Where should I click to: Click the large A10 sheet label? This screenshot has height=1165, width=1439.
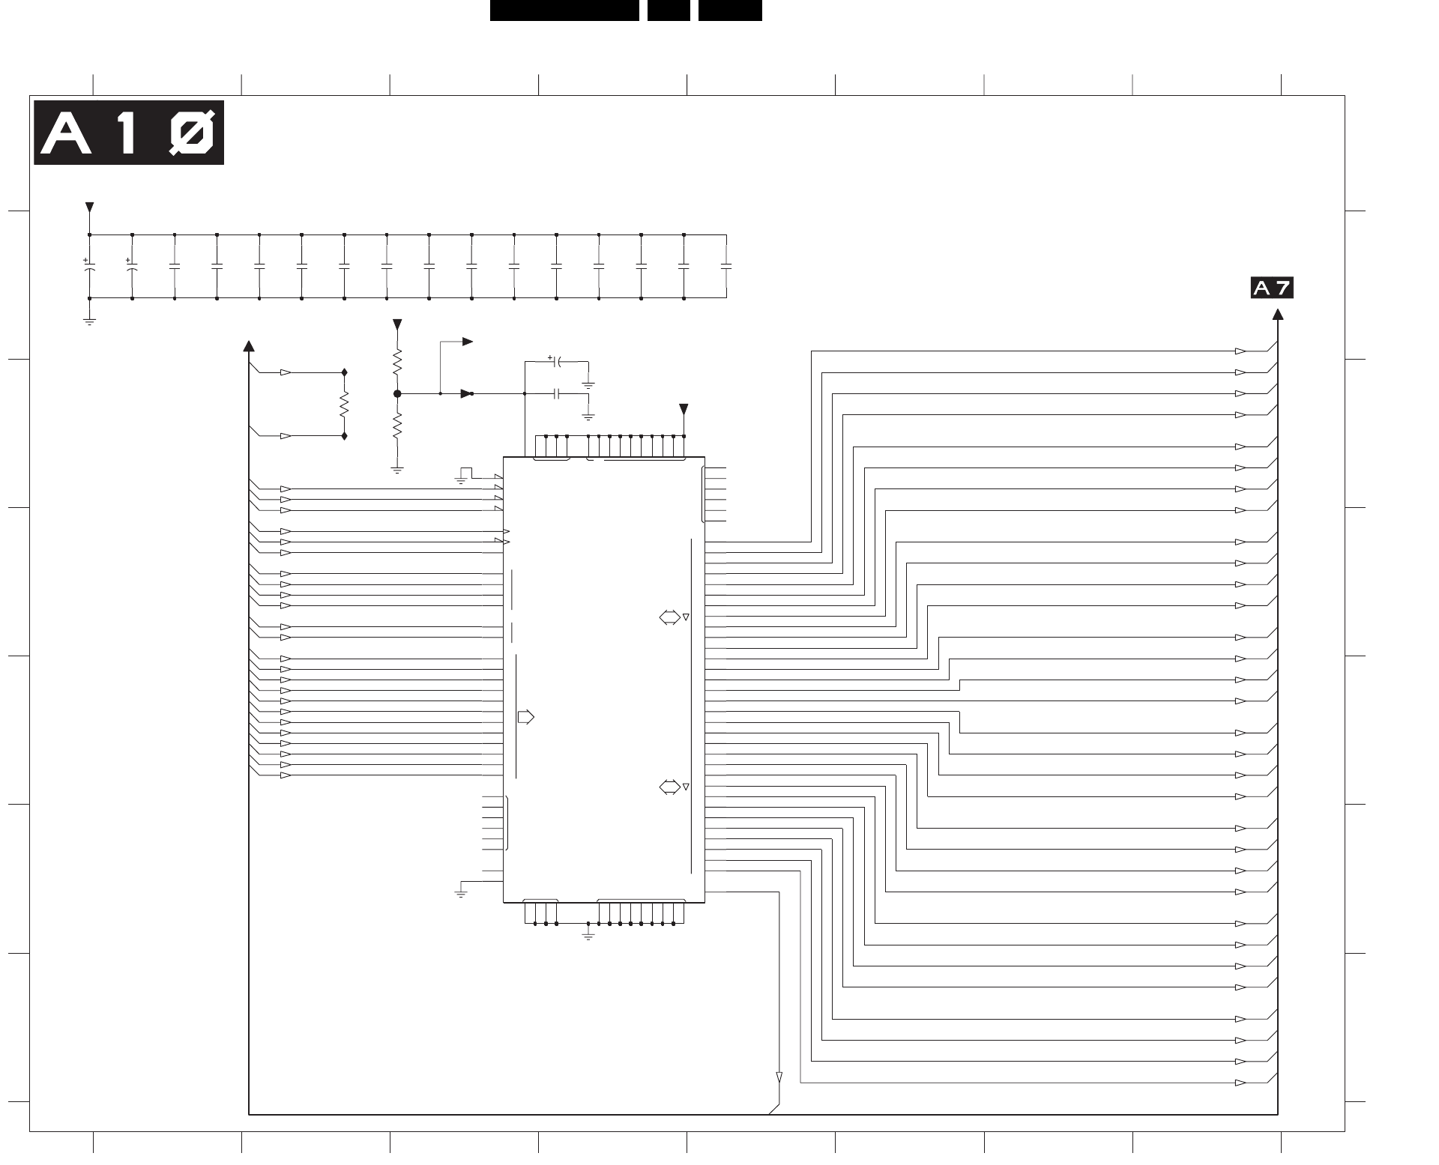tap(129, 133)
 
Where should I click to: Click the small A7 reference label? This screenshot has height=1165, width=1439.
tap(1271, 288)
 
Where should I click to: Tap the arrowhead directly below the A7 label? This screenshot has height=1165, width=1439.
tap(1277, 315)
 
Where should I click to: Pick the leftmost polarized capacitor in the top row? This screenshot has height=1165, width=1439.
tap(89, 265)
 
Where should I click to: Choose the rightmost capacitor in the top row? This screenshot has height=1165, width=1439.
tap(725, 266)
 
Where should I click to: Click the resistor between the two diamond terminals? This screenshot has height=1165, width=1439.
tap(344, 405)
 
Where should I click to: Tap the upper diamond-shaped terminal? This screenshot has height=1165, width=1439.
tap(344, 372)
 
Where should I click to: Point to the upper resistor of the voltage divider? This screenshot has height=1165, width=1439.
tap(397, 363)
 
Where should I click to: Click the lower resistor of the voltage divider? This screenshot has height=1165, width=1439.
tap(397, 426)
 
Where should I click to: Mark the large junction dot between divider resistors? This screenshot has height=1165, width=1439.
tap(397, 393)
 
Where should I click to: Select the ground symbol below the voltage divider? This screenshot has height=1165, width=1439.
tap(397, 470)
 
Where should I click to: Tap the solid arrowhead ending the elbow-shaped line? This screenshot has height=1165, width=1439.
tap(468, 342)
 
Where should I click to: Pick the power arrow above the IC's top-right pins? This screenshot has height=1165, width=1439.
tap(683, 409)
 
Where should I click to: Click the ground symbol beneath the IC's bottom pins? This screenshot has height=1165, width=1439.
tap(588, 936)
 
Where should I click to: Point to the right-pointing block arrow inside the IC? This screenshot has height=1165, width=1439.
tap(526, 717)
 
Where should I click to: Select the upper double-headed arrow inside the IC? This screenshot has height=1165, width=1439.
tap(669, 617)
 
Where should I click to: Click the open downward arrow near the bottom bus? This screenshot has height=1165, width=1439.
tap(779, 1077)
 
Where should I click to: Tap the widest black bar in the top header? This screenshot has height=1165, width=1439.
tap(564, 10)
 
